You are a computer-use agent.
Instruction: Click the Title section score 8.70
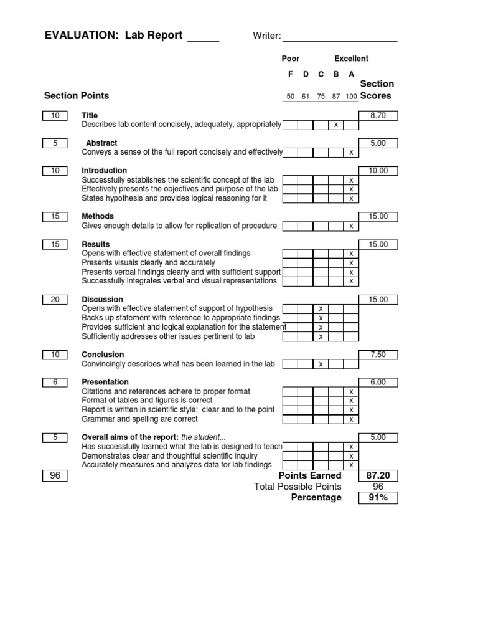point(378,116)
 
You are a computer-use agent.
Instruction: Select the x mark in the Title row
point(336,125)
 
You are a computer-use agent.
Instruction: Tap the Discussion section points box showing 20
point(55,300)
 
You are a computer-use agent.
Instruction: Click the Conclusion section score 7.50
point(378,355)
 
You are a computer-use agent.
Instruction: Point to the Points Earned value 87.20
point(378,475)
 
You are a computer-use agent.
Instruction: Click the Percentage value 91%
point(378,497)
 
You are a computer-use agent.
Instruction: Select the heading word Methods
point(98,216)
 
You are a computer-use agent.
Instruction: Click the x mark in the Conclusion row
point(321,364)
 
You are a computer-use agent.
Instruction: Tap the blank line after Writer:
point(339,37)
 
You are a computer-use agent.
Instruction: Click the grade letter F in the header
point(289,74)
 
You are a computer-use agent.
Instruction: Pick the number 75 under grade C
point(321,97)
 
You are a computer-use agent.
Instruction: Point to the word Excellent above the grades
point(351,59)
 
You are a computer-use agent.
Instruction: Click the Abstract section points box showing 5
point(55,143)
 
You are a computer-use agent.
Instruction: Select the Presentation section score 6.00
point(378,382)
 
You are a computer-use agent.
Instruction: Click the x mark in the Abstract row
point(351,153)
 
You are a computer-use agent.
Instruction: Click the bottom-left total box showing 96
point(55,476)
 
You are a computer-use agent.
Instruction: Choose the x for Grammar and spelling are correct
point(351,419)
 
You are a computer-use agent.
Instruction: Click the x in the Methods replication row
point(351,226)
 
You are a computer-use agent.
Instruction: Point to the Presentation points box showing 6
point(55,382)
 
